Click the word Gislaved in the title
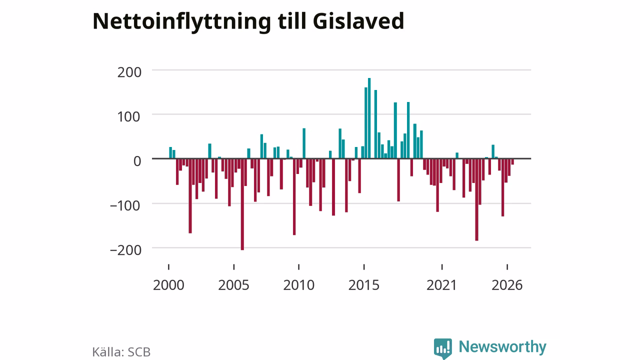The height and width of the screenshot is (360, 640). click(x=358, y=21)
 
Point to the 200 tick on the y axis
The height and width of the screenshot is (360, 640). click(x=129, y=72)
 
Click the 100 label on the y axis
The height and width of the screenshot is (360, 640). click(x=129, y=117)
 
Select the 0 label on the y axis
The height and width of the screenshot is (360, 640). click(x=137, y=161)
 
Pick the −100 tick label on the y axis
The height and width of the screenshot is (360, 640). click(x=125, y=205)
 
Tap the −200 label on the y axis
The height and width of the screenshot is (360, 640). click(x=125, y=250)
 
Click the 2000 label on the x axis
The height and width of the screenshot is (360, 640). click(x=168, y=285)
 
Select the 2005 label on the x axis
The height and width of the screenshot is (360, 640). click(x=233, y=285)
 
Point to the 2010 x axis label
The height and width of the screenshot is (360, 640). click(x=299, y=285)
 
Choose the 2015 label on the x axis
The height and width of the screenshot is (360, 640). click(x=364, y=285)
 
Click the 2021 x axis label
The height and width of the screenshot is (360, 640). click(x=441, y=285)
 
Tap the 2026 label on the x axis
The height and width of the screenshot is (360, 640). click(x=507, y=285)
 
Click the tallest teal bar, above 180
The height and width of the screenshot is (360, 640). click(x=369, y=118)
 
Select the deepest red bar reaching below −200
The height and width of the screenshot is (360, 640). click(x=242, y=204)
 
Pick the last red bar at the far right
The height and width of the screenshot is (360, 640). click(x=512, y=161)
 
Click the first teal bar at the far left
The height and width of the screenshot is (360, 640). click(x=170, y=153)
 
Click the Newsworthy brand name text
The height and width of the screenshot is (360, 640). click(x=502, y=346)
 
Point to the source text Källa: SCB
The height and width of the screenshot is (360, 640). click(x=121, y=352)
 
